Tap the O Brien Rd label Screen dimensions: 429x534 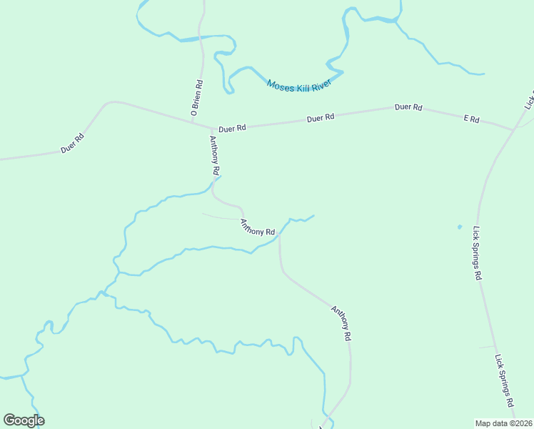pyautogui.click(x=197, y=98)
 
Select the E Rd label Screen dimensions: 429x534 pyautogui.click(x=471, y=119)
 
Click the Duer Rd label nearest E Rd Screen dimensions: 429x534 pyautogui.click(x=408, y=107)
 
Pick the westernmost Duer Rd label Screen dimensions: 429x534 pyautogui.click(x=73, y=143)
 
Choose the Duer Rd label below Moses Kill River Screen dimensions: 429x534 pyautogui.click(x=321, y=118)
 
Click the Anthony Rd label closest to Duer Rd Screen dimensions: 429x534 pyautogui.click(x=213, y=155)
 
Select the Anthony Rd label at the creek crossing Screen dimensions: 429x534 pyautogui.click(x=258, y=227)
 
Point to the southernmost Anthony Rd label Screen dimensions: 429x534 pyautogui.click(x=341, y=323)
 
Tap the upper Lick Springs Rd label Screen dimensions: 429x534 pyautogui.click(x=478, y=253)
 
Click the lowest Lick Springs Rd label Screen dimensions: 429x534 pyautogui.click(x=505, y=381)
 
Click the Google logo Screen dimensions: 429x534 pyautogui.click(x=24, y=420)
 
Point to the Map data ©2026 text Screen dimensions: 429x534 pyautogui.click(x=504, y=423)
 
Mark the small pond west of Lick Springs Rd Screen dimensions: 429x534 pyautogui.click(x=459, y=227)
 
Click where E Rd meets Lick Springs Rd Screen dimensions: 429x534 pyautogui.click(x=513, y=130)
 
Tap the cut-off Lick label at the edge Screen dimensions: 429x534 pyautogui.click(x=529, y=99)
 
